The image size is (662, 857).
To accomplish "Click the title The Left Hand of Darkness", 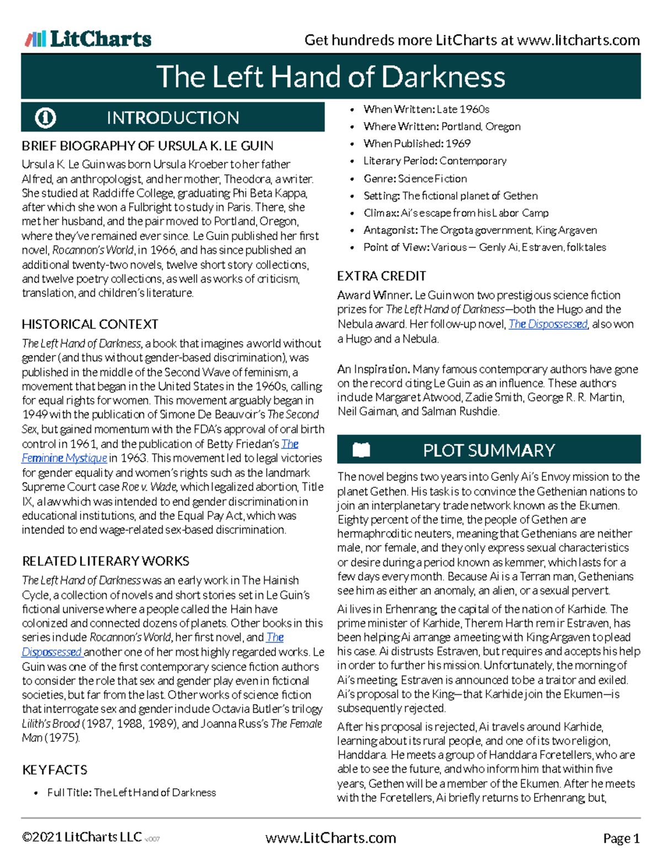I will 331,76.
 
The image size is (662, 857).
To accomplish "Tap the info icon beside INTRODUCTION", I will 45,118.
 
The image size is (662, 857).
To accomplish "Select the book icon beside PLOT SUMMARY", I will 361,450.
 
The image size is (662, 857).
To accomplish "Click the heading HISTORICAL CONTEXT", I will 90,324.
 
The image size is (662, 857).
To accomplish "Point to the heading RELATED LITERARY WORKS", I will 105,561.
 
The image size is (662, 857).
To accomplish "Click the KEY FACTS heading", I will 55,770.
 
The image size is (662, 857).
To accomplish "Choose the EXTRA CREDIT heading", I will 382,276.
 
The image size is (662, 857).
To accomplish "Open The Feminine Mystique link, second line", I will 64,458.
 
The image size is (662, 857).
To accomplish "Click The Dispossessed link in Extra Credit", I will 548,324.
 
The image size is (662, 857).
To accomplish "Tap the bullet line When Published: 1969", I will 417,143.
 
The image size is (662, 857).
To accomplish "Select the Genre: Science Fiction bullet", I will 415,178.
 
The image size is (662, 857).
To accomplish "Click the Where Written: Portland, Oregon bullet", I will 441,126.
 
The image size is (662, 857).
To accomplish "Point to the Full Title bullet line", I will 131,792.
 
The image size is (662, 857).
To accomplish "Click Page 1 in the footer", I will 621,839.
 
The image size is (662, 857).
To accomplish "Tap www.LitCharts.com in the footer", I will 330,838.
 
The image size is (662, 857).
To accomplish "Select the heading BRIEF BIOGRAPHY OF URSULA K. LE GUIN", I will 147,146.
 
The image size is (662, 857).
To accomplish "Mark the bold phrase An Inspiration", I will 373,369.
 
